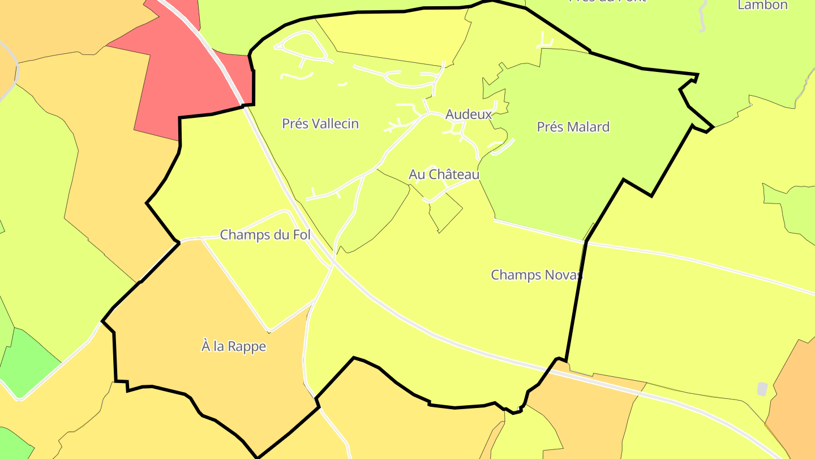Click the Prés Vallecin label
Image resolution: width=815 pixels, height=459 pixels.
point(320,124)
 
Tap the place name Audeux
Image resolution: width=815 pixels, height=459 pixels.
point(469,114)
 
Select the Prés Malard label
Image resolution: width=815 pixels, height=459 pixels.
point(573,127)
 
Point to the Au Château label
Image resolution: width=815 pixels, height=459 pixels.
point(444,174)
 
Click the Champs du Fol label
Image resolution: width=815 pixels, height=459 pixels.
point(265,235)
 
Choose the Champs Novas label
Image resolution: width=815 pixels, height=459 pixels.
point(536,275)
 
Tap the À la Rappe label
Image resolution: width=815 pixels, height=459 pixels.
point(234,346)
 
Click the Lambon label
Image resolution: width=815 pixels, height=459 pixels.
point(762,5)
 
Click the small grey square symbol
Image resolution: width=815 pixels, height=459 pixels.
point(762,389)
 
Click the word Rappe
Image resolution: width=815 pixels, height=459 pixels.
point(248,346)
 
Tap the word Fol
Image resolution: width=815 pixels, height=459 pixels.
point(302,235)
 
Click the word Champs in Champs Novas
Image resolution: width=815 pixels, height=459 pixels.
point(511,275)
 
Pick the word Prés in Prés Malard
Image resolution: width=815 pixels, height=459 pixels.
point(548,127)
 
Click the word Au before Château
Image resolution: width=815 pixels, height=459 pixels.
point(417,174)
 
